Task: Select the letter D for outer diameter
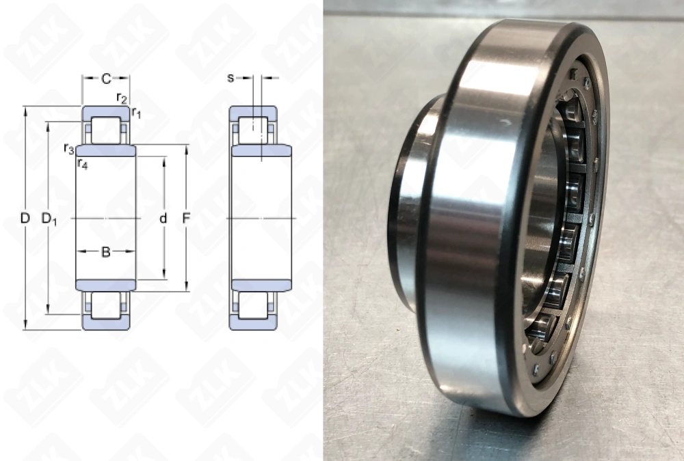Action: [x=25, y=219]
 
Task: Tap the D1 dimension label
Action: [x=49, y=219]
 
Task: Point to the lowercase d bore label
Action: [x=163, y=219]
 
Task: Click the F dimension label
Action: [x=186, y=219]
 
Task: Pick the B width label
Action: [x=106, y=252]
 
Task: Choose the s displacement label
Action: [x=231, y=78]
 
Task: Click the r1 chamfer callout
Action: [x=136, y=112]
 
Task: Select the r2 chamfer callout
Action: [x=122, y=98]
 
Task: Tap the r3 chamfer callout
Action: [x=68, y=148]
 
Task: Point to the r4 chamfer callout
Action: [x=82, y=163]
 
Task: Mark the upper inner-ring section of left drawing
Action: [x=106, y=151]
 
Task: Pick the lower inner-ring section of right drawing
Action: [x=261, y=285]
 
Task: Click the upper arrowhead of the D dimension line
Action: [x=25, y=109]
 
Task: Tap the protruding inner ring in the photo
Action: [x=407, y=205]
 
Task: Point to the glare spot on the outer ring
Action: [x=505, y=123]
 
